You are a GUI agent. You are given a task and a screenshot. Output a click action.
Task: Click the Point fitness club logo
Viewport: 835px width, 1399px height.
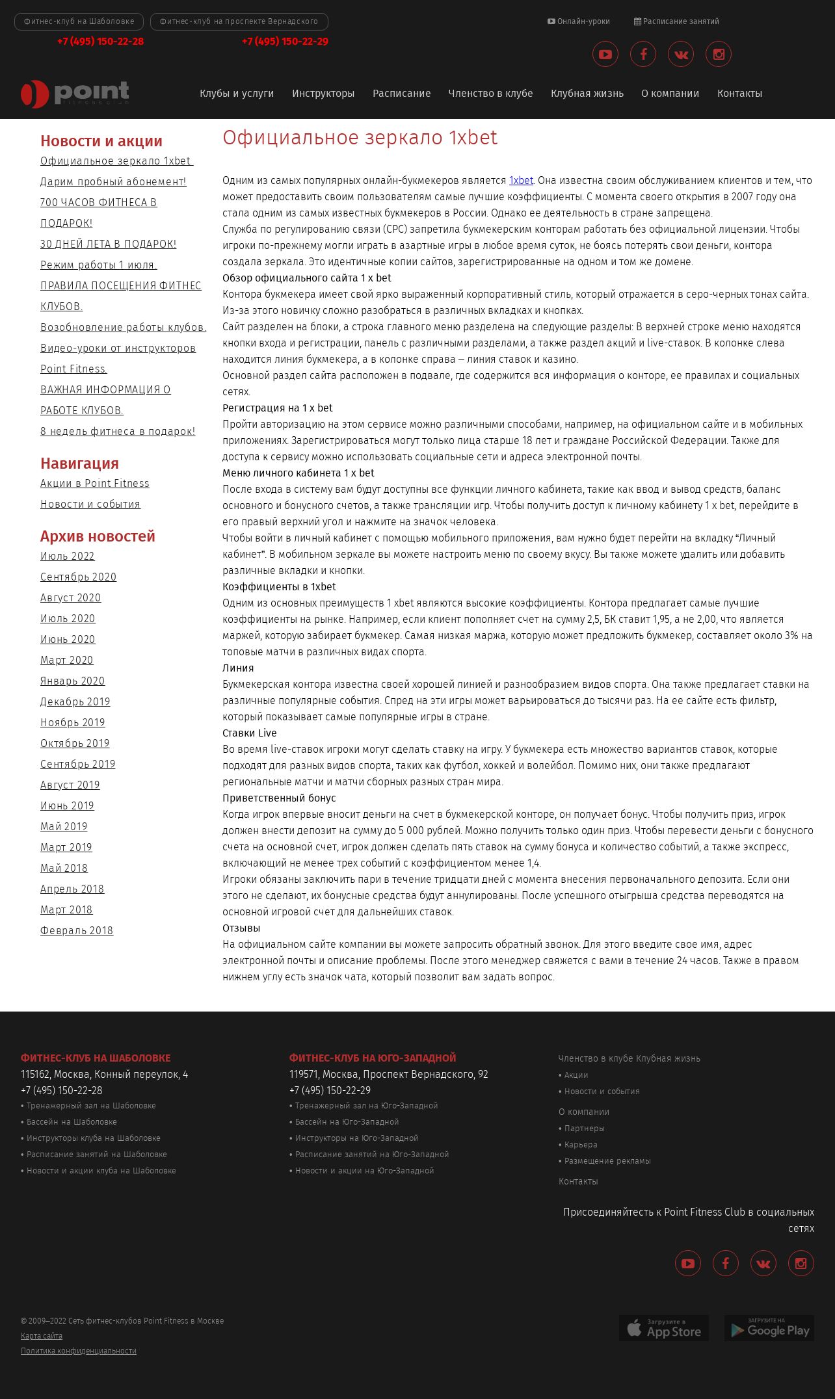(x=75, y=94)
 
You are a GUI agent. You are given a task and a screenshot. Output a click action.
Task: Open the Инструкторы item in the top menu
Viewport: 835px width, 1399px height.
(x=323, y=94)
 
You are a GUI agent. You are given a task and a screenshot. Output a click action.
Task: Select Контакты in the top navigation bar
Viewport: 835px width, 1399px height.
(x=739, y=94)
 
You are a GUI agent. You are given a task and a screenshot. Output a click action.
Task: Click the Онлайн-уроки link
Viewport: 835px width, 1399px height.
(x=579, y=21)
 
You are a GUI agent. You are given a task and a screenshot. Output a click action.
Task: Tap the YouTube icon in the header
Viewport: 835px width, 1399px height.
(x=605, y=55)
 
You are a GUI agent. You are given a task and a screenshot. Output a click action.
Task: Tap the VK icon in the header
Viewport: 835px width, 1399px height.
(x=681, y=55)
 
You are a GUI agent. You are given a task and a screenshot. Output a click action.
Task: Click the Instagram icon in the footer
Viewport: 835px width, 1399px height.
(x=801, y=1263)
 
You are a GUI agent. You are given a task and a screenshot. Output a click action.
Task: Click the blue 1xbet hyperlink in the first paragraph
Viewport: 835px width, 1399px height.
(x=521, y=181)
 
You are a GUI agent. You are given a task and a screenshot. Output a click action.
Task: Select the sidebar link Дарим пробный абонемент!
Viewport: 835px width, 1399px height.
(x=113, y=182)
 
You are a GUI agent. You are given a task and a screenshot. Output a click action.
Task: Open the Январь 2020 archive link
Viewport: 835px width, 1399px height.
(x=72, y=681)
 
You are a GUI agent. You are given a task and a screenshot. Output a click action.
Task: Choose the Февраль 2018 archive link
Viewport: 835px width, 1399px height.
(x=77, y=931)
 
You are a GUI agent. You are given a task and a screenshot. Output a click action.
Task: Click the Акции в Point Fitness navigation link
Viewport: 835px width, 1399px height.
(x=95, y=484)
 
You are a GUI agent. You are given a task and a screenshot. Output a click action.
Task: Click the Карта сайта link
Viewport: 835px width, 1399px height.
(x=42, y=1336)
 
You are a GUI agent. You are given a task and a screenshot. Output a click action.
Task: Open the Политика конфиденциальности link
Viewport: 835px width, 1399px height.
(x=79, y=1351)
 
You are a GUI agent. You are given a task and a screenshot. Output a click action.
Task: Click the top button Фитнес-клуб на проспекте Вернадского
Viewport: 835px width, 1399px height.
(x=239, y=21)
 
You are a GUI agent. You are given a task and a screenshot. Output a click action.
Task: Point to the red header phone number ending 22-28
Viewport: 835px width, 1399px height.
(x=100, y=42)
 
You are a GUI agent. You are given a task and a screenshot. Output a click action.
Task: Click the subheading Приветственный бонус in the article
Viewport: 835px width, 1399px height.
(x=279, y=798)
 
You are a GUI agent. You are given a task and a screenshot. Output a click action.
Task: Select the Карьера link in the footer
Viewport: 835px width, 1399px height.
(x=581, y=1145)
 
